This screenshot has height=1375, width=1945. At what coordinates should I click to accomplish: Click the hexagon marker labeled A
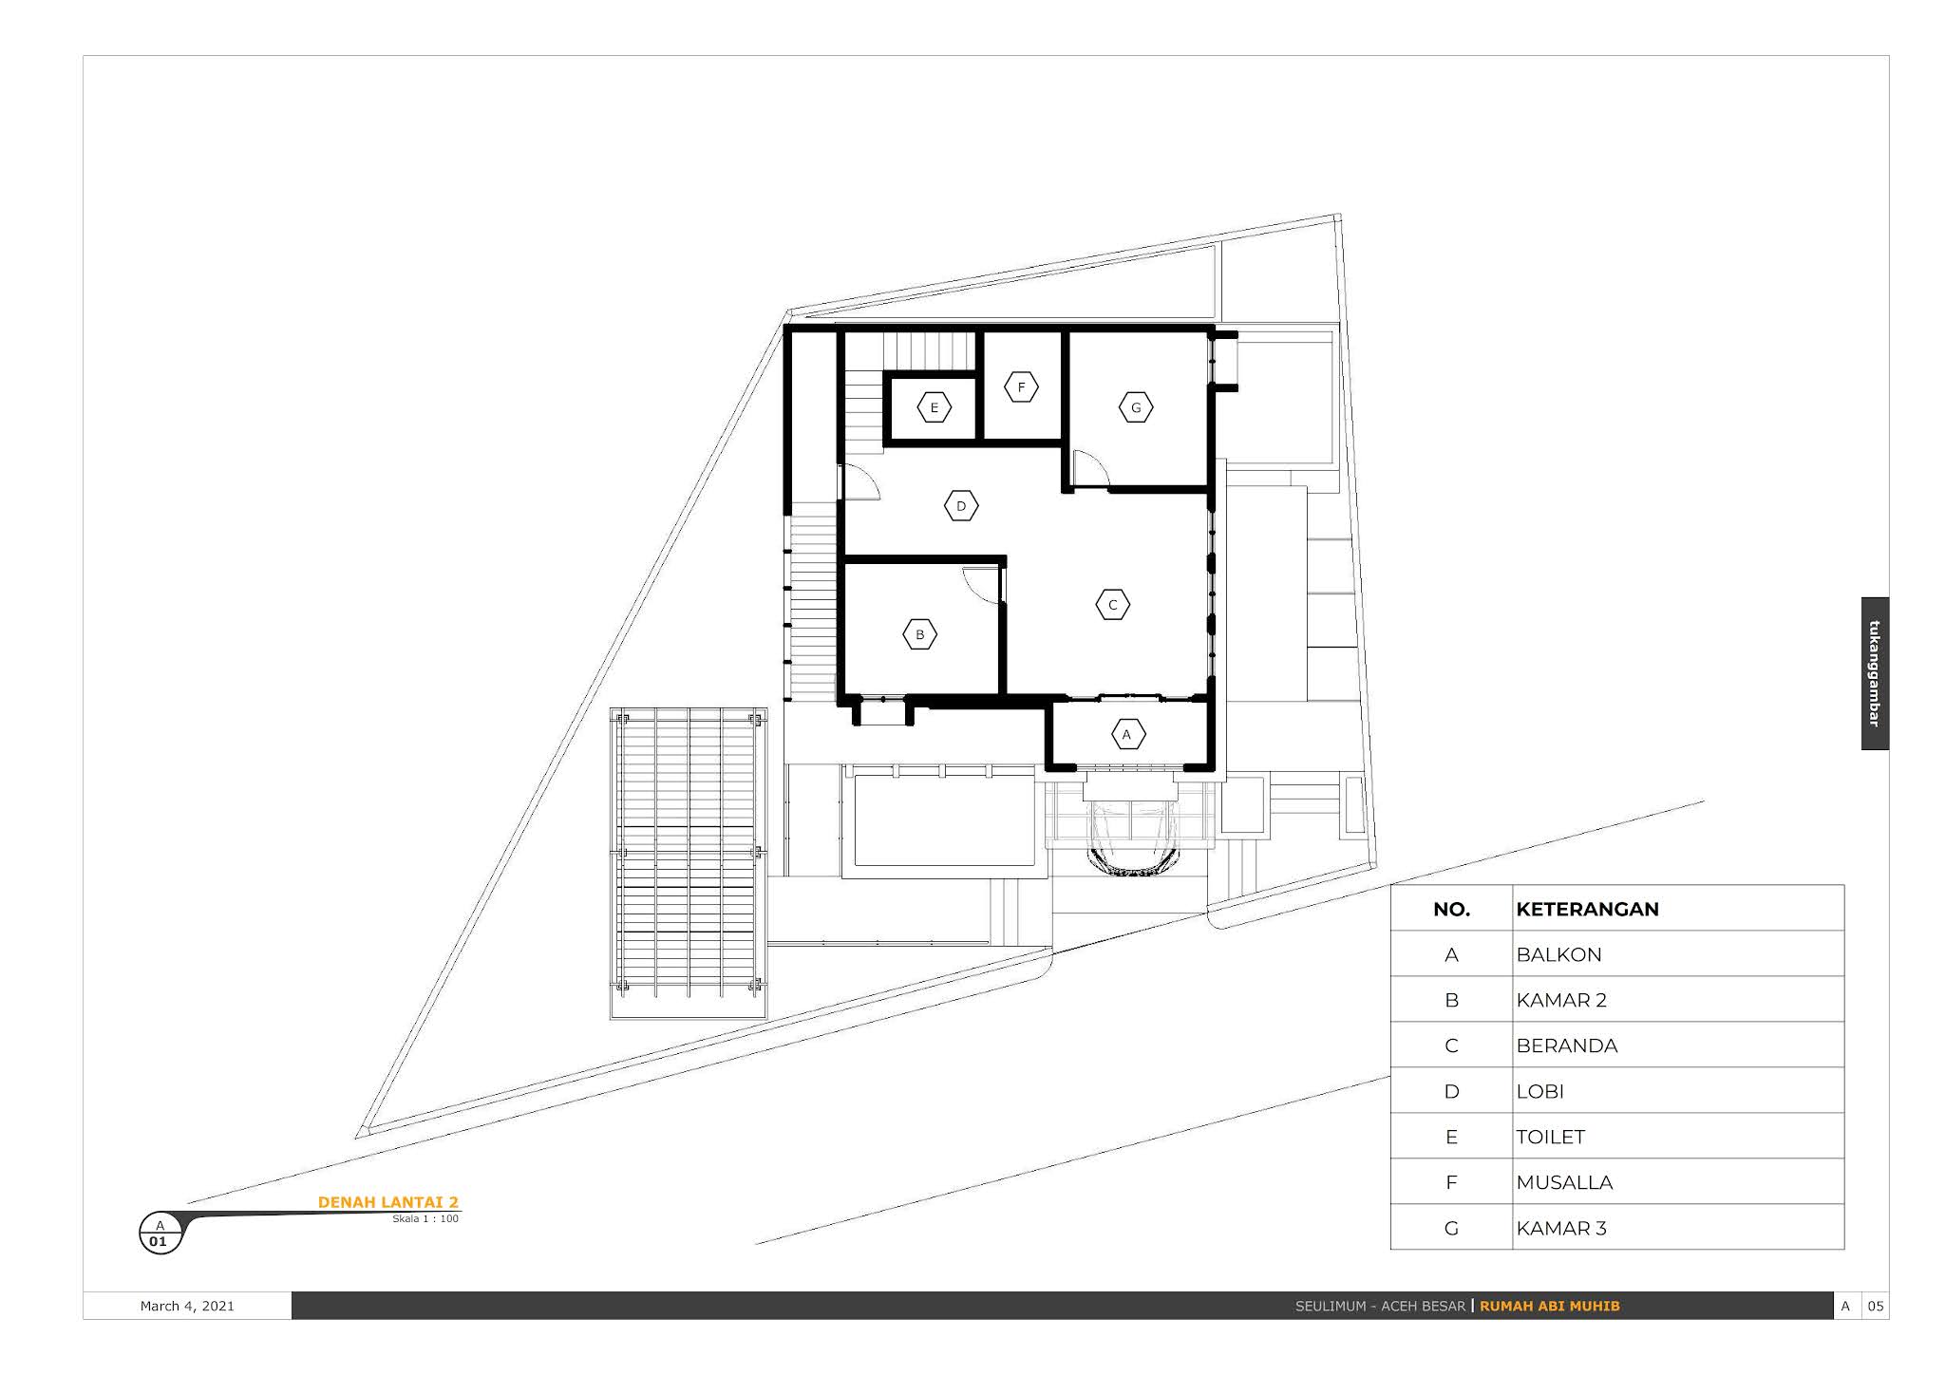[x=1127, y=734]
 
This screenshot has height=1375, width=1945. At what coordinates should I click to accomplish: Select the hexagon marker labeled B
[x=919, y=634]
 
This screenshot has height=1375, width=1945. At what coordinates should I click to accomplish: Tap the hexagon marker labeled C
[x=1113, y=604]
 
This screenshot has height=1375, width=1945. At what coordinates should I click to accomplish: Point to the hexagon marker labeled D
[x=961, y=505]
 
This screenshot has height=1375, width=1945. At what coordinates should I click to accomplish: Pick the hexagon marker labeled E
[x=935, y=408]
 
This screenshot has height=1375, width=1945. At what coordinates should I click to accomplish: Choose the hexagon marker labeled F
[x=1022, y=386]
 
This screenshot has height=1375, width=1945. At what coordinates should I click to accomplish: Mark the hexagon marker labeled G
[x=1136, y=407]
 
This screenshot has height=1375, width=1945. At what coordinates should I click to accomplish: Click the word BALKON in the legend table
[x=1558, y=954]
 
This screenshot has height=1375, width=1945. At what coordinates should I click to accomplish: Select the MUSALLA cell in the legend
[x=1564, y=1182]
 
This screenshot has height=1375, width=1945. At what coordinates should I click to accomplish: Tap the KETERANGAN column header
[x=1587, y=909]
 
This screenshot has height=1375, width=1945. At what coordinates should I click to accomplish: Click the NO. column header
[x=1451, y=910]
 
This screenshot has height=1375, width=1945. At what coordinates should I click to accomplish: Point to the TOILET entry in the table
[x=1550, y=1137]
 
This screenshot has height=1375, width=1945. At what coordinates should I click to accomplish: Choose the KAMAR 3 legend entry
[x=1561, y=1228]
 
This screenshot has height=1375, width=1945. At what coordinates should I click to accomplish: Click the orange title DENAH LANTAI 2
[x=387, y=1202]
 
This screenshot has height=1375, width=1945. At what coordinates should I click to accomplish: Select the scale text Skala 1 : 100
[x=425, y=1218]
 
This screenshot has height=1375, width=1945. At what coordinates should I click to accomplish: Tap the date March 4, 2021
[x=187, y=1306]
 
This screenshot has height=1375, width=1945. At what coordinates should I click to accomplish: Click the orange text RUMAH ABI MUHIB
[x=1550, y=1306]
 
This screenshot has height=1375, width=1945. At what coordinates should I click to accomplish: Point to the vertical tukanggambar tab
[x=1875, y=673]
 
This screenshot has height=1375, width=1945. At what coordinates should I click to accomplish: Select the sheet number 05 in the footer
[x=1876, y=1306]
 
